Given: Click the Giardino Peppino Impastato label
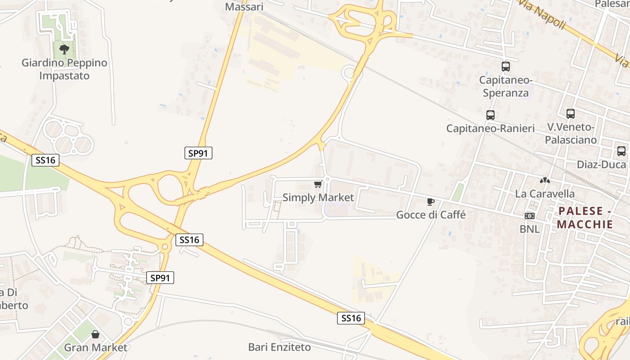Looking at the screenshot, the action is [x=64, y=69].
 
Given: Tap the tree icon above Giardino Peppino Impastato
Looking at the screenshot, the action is [x=64, y=49].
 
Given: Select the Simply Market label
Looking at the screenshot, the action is [x=318, y=198].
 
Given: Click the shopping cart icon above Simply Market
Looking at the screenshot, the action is [x=318, y=184].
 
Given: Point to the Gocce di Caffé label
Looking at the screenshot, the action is [x=431, y=215].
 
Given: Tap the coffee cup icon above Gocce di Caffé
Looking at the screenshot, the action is [x=431, y=202].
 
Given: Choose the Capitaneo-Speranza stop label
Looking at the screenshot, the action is [x=506, y=86].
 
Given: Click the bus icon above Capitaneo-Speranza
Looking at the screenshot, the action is [x=506, y=67].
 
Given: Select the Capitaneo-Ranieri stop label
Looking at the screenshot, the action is [x=490, y=128].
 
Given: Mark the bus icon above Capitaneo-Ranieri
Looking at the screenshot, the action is [x=490, y=115].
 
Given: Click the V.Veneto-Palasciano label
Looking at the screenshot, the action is [x=571, y=133].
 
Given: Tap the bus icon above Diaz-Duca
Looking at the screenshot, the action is [x=621, y=151].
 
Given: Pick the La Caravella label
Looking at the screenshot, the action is [x=545, y=194].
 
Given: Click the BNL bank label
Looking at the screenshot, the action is [x=530, y=229].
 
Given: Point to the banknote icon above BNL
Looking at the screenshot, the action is [x=530, y=216].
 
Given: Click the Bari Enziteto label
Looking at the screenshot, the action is [x=279, y=347].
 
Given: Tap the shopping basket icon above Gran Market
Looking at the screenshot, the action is [x=95, y=334].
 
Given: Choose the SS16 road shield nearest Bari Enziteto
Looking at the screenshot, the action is [x=351, y=318].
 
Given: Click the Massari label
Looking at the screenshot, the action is [x=244, y=7].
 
